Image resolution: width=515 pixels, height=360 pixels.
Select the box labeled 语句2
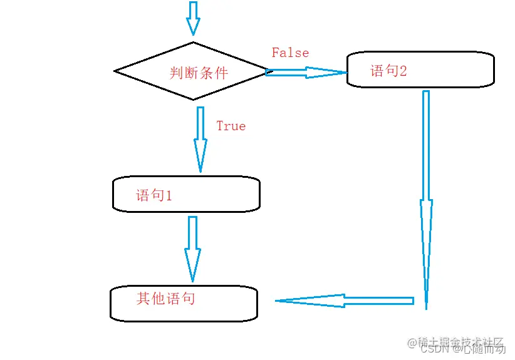[420, 69]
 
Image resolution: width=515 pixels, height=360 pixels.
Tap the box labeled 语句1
[186, 194]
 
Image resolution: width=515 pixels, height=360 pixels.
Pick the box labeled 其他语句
[184, 303]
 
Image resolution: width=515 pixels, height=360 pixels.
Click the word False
[290, 53]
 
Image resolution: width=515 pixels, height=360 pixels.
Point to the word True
[231, 126]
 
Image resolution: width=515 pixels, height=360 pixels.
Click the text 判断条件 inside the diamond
[199, 73]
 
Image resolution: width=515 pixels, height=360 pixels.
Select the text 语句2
[388, 70]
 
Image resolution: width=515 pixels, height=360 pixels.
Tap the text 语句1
[154, 195]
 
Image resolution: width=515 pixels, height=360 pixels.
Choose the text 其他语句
[166, 298]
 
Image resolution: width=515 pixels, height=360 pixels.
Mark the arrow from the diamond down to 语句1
[200, 139]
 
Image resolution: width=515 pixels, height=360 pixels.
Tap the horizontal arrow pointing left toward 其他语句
[345, 301]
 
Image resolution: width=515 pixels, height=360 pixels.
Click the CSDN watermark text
[432, 349]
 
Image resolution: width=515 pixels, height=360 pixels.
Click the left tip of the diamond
[115, 71]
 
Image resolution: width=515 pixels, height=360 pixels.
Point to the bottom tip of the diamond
[192, 99]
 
